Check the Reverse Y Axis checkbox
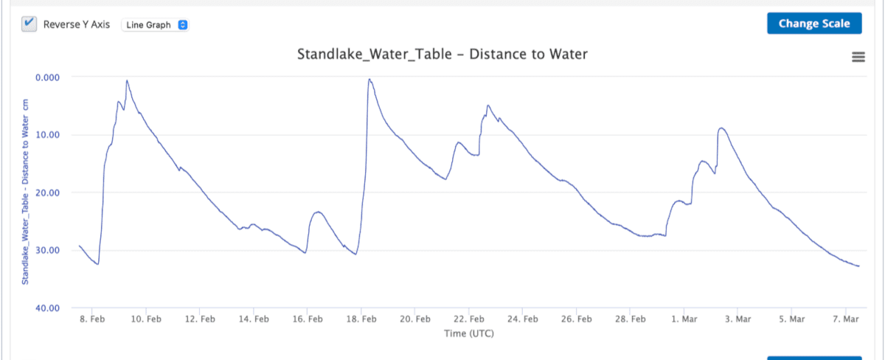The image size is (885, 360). (29, 24)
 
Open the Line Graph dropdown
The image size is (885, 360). (155, 24)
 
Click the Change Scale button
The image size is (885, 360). (813, 24)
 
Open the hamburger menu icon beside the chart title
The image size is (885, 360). (858, 57)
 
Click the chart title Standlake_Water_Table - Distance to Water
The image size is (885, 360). (442, 54)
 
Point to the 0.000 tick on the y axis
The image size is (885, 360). (48, 77)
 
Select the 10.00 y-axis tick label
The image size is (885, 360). (48, 134)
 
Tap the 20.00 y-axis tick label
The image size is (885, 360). (48, 193)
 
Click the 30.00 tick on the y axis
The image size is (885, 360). (48, 250)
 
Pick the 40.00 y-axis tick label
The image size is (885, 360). (48, 308)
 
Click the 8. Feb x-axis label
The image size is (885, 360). (92, 319)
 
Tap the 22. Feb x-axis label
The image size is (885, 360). (469, 319)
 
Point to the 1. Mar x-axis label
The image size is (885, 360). (684, 319)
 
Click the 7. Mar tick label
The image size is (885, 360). (846, 319)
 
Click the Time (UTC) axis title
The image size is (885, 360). (468, 333)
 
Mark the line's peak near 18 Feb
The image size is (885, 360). (369, 79)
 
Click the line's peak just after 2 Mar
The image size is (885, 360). (722, 128)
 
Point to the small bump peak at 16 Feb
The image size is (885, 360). (318, 212)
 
